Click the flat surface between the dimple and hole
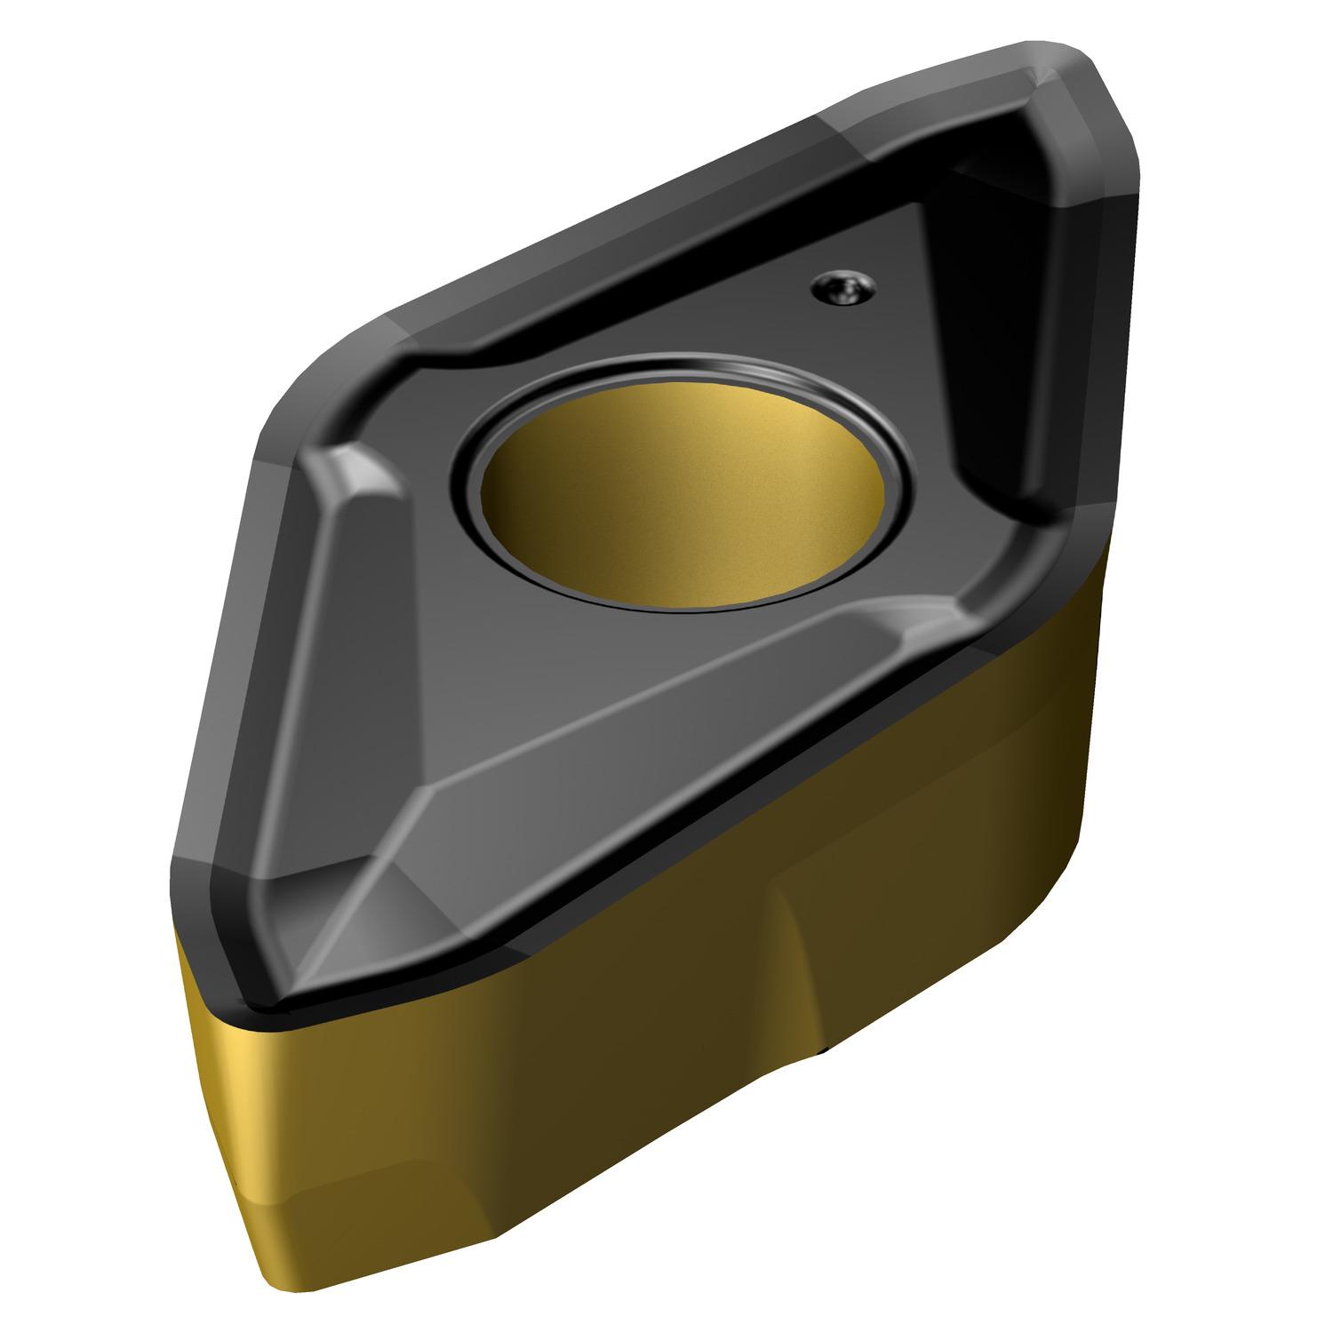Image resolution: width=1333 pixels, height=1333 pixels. [x=800, y=355]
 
